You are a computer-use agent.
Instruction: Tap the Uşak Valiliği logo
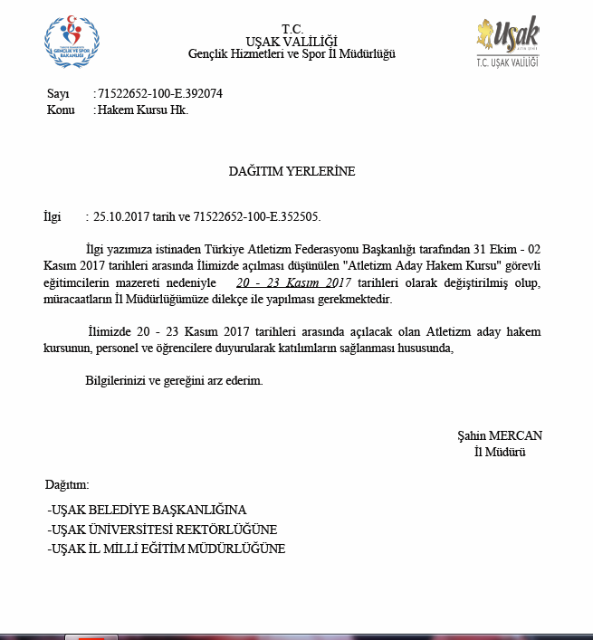(x=507, y=41)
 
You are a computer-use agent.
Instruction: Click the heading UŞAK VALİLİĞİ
(x=292, y=41)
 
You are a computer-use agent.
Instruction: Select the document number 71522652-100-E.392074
(x=160, y=93)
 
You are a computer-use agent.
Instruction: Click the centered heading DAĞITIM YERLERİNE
(x=292, y=171)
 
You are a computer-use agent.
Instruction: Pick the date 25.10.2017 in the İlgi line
(x=121, y=217)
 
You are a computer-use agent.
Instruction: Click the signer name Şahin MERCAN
(x=500, y=435)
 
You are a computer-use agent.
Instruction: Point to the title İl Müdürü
(x=500, y=451)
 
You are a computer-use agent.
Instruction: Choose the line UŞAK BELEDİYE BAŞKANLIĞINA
(x=147, y=510)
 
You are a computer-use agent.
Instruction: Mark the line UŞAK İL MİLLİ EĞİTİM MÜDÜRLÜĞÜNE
(x=167, y=549)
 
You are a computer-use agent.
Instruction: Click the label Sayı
(x=57, y=93)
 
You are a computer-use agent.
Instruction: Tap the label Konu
(x=61, y=110)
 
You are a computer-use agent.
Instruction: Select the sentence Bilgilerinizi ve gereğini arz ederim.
(x=174, y=381)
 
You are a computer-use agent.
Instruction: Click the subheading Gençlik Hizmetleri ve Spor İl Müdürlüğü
(x=292, y=54)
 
